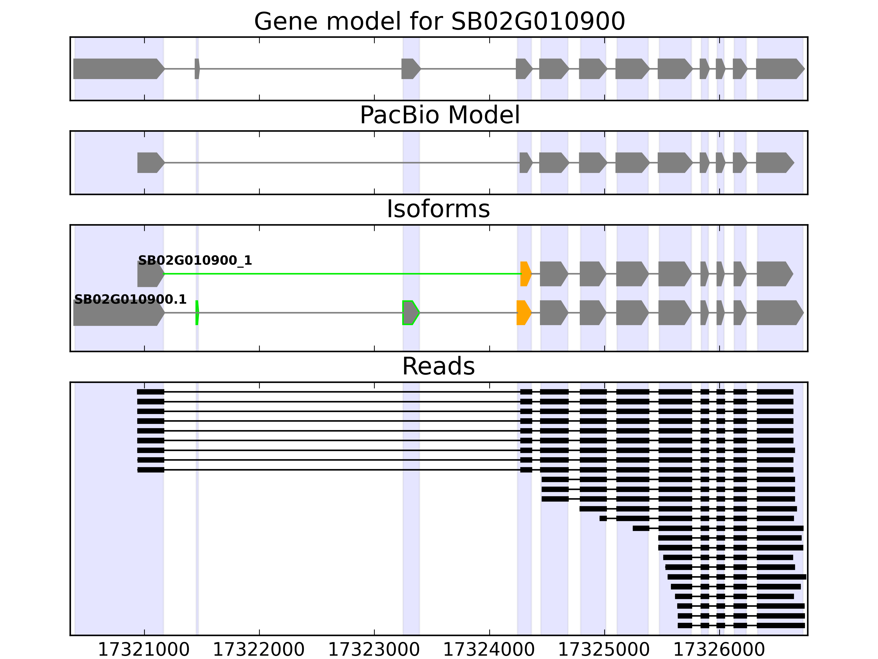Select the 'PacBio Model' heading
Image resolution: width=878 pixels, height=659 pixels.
pyautogui.click(x=439, y=115)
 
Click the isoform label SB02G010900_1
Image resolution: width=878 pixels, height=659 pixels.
pyautogui.click(x=195, y=261)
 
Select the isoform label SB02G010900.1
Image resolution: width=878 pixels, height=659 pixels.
pyautogui.click(x=130, y=300)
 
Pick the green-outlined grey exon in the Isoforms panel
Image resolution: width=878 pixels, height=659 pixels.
pyautogui.click(x=410, y=313)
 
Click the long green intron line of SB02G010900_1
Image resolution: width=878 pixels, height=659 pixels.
pyautogui.click(x=341, y=274)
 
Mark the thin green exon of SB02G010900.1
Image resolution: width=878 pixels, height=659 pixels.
pyautogui.click(x=197, y=313)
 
